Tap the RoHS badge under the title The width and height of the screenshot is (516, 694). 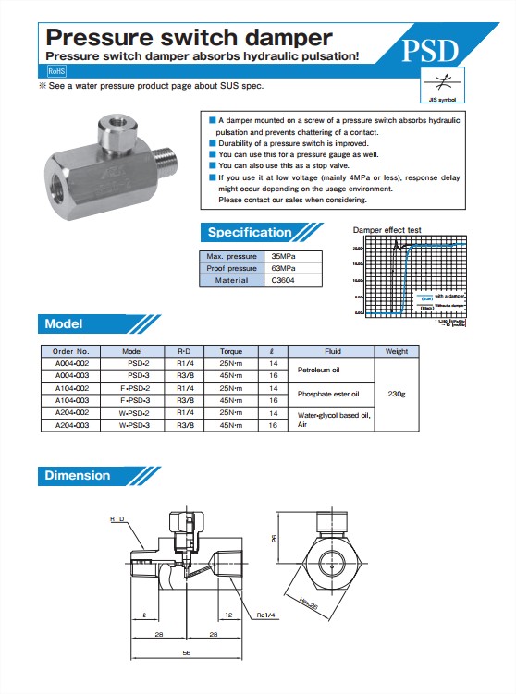pos(56,70)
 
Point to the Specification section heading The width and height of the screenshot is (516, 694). pos(250,233)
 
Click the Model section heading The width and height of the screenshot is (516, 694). pos(65,324)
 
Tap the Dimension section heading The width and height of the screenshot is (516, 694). pos(78,476)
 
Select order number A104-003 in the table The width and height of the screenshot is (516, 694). pos(71,400)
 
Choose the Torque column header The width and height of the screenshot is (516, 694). pos(230,352)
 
